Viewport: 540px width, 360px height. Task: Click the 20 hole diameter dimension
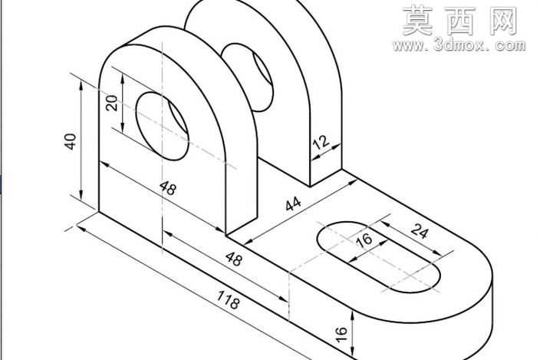tap(111, 103)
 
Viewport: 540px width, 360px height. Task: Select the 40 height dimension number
tap(71, 141)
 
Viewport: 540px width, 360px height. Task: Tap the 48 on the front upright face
tap(169, 188)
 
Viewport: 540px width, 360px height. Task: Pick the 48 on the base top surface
tap(234, 259)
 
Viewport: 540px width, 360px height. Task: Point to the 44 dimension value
tap(293, 203)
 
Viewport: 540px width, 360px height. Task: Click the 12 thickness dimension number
tap(321, 143)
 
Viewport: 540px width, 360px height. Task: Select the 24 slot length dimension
tap(420, 231)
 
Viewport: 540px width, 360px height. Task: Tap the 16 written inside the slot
tap(364, 240)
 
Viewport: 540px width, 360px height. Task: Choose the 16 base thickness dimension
tap(341, 334)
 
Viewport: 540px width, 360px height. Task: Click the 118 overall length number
tap(229, 299)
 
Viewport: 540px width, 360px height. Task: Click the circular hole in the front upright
tap(162, 126)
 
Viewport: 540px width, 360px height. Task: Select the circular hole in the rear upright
tap(247, 78)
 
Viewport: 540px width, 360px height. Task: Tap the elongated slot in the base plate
tap(378, 257)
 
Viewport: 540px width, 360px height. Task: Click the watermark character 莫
tap(418, 21)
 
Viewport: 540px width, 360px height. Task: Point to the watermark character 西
tap(461, 21)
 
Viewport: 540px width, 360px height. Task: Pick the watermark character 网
tap(502, 21)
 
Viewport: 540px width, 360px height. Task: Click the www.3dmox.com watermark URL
tap(459, 45)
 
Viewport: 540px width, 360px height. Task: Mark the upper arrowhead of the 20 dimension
tap(122, 78)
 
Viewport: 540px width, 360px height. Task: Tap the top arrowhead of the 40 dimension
tap(81, 85)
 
